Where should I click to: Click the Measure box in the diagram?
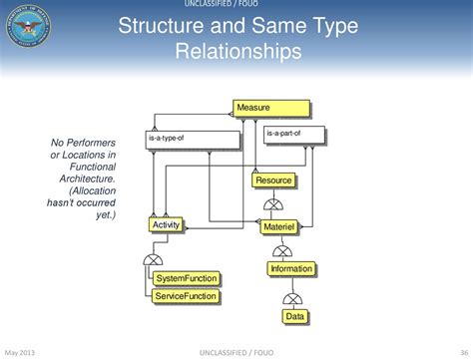click(271, 107)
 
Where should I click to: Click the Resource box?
click(273, 180)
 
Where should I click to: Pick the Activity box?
click(166, 225)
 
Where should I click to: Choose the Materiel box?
click(278, 227)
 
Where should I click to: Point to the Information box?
click(292, 268)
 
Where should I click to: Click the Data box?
click(294, 316)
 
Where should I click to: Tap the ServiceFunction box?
click(186, 296)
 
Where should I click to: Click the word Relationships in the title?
click(237, 50)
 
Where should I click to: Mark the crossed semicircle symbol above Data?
click(293, 297)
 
